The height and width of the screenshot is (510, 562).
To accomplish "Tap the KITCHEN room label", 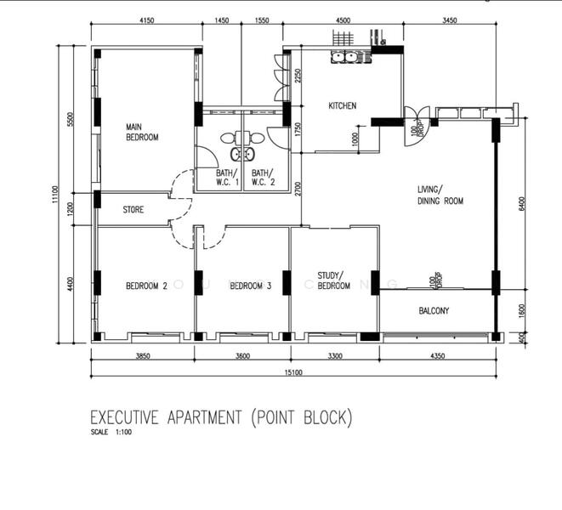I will pos(343,106).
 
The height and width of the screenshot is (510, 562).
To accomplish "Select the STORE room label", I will pos(133,210).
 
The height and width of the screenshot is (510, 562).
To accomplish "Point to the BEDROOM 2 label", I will pos(146,286).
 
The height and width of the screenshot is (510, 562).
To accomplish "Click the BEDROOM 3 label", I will pos(250,286).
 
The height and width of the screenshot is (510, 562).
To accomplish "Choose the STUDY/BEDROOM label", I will pos(333,280).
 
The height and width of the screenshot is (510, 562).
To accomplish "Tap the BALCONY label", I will pos(434,311).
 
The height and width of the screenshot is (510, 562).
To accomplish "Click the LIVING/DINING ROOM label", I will pos(440,195).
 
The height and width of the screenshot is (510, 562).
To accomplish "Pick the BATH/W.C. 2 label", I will pos(264,177).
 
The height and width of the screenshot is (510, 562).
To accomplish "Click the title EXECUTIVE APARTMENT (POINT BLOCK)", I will pos(220,417).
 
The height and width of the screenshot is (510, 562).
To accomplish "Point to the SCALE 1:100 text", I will pos(111,432).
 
